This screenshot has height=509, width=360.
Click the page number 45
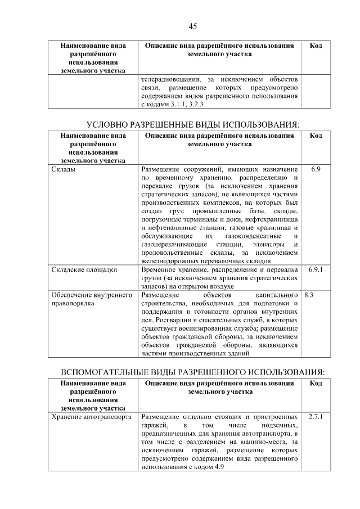tap(192, 26)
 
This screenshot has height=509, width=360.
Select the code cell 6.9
tap(316, 169)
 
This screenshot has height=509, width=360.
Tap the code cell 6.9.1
tap(316, 270)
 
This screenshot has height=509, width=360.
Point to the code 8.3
tap(308, 294)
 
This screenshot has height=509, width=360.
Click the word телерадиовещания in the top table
tap(170, 79)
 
